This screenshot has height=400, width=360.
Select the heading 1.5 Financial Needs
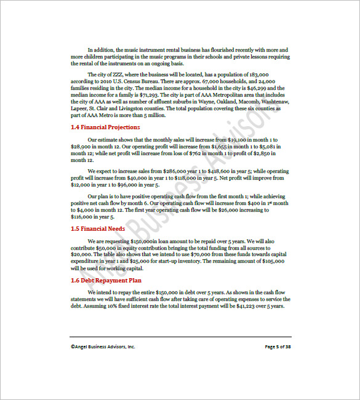98,228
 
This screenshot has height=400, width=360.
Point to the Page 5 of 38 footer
277,346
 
